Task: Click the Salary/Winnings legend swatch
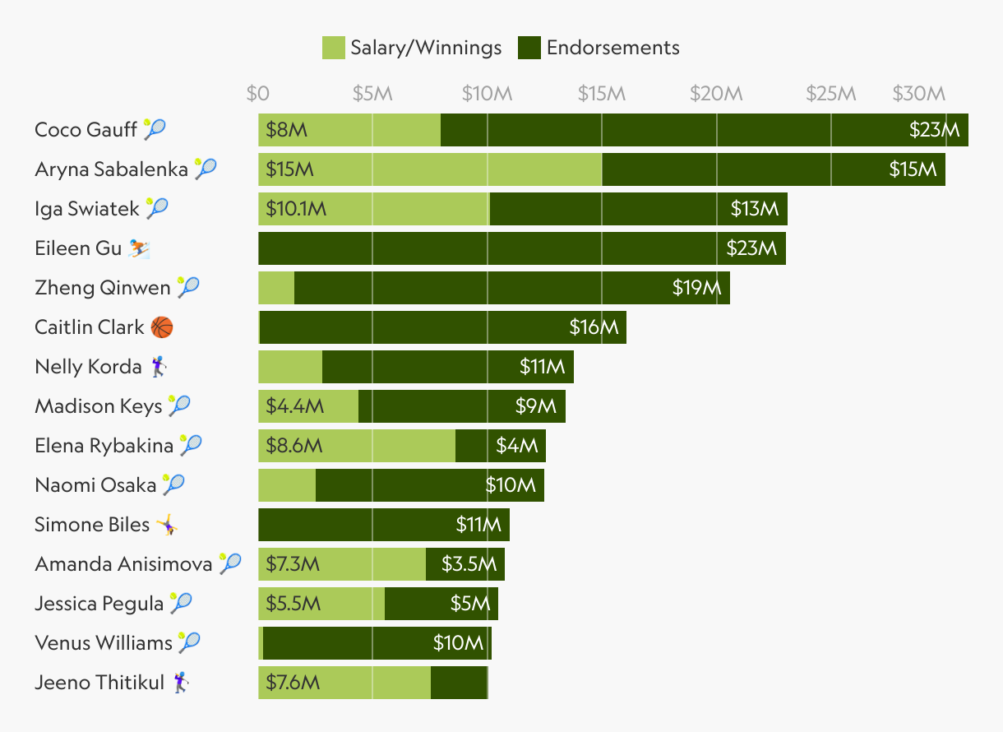(333, 48)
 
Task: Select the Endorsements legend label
(612, 48)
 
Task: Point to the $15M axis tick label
(602, 94)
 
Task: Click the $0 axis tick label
(258, 94)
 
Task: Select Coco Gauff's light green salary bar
(349, 130)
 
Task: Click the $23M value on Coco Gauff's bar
(934, 130)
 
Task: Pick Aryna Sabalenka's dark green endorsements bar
(773, 169)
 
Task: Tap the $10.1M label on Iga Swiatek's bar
(296, 209)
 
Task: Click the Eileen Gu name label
(78, 248)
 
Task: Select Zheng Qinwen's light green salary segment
(276, 288)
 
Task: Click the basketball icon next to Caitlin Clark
(162, 327)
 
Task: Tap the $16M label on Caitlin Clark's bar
(594, 327)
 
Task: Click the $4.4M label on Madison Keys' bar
(294, 406)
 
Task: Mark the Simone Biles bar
(384, 525)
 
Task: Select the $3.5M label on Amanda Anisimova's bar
(469, 564)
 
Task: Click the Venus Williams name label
(104, 643)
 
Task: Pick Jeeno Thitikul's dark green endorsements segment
(459, 683)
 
